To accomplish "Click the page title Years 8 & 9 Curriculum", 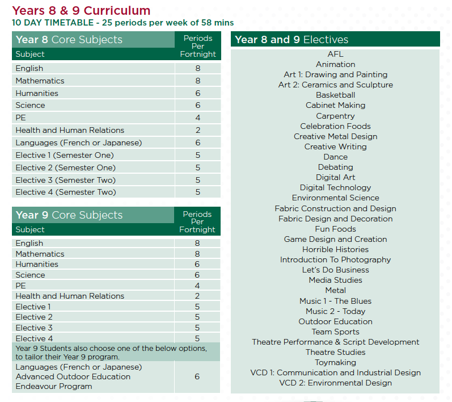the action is coord(81,11).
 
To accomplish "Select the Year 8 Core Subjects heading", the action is coord(69,40).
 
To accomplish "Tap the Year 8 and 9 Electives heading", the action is coord(292,40).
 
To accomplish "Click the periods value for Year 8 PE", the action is coord(198,118).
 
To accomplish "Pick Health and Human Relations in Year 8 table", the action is coord(70,130).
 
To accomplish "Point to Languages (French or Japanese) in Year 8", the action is coord(79,143).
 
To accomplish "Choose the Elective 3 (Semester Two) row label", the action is coord(65,180).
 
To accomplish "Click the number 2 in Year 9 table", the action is coord(197,296).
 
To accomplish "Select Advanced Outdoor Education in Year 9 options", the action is coord(73,376).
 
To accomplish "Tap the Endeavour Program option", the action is coord(54,387).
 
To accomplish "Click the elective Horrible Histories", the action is coord(335,249).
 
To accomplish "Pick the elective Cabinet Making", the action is coord(335,106).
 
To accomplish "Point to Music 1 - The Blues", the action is coord(335,301).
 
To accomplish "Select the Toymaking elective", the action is coord(335,362).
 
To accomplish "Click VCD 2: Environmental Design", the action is coord(335,383).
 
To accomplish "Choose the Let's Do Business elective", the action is coord(335,270).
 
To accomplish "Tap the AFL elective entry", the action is coord(335,54).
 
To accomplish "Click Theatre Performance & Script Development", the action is coord(335,342).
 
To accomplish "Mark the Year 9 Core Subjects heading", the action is coord(69,215).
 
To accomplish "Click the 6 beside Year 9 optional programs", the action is coord(197,376).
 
